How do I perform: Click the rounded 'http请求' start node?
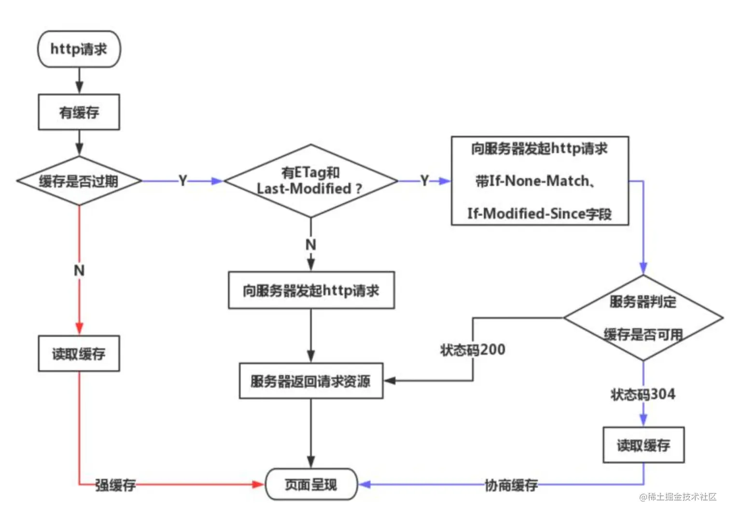coord(79,49)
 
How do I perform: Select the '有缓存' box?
coord(79,112)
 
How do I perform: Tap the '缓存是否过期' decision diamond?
coord(79,181)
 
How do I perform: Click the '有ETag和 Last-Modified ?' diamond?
coord(310,181)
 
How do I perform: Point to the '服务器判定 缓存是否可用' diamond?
coord(643,318)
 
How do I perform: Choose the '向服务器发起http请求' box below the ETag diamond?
coord(311,291)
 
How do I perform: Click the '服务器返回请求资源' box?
coord(310,381)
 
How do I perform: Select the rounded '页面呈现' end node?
coord(311,484)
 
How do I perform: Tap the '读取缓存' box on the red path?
coord(79,354)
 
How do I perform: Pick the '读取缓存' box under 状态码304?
coord(643,445)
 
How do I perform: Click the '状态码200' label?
coord(472,349)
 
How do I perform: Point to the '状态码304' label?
coord(643,394)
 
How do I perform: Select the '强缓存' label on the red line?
coord(115,485)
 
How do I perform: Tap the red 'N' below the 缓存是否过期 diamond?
coord(79,270)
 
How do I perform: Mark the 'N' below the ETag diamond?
coord(310,245)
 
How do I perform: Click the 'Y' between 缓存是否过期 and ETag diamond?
coord(182,181)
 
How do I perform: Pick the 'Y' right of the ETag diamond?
coord(424,181)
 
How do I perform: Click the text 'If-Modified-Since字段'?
coord(539,213)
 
